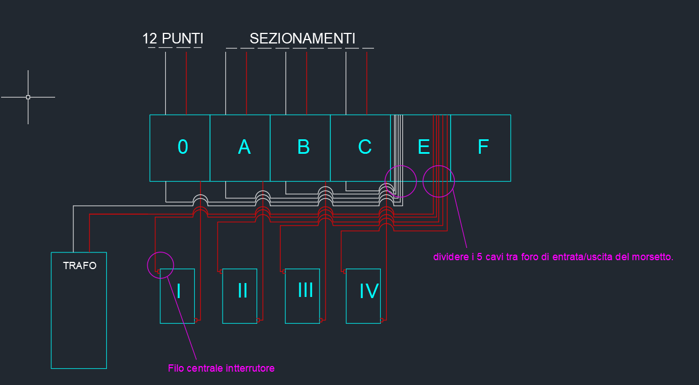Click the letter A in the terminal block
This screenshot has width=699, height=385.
(244, 147)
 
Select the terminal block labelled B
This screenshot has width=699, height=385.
(300, 148)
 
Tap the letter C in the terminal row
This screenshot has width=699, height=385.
(365, 147)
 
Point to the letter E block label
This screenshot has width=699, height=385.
(424, 147)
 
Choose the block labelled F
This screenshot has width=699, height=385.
(481, 148)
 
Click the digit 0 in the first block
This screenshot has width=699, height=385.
(183, 147)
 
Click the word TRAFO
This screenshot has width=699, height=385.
(80, 266)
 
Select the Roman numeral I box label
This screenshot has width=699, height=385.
(179, 291)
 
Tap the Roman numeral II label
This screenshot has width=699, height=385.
(243, 291)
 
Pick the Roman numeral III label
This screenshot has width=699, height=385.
(305, 290)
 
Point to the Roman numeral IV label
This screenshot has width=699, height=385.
(369, 291)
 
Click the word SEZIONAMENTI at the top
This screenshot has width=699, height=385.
(302, 39)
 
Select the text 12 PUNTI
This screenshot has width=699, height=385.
(173, 39)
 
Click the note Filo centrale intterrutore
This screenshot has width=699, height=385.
(221, 368)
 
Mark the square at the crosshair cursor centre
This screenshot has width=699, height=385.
(28, 97)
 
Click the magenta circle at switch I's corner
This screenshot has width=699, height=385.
(160, 265)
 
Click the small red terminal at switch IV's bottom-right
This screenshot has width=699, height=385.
(382, 320)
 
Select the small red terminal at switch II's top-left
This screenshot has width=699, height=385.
(221, 271)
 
